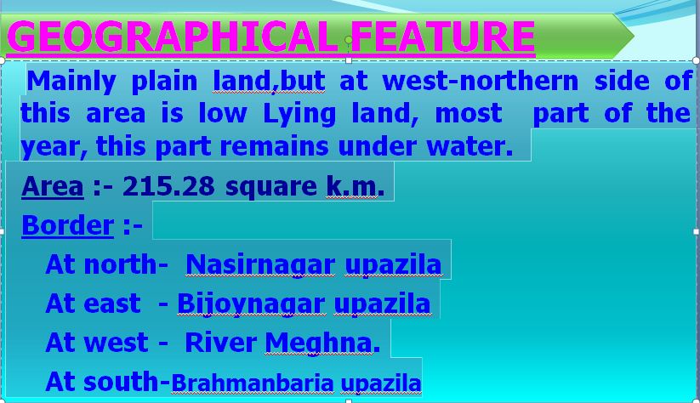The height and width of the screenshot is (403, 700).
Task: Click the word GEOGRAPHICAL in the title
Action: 173,37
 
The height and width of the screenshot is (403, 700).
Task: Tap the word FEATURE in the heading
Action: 443,37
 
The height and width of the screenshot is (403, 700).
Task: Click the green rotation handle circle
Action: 349,40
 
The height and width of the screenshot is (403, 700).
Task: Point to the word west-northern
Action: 481,81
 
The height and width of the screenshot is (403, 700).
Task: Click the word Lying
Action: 299,114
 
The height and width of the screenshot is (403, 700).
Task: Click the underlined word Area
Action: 53,185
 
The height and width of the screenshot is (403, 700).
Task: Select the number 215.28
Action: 168,185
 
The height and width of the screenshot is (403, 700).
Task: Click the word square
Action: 271,186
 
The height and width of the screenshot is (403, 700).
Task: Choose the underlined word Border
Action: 68,225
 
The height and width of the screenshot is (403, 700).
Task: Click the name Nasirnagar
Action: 260,264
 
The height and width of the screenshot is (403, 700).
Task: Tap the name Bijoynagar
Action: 251,304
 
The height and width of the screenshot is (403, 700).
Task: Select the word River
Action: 220,343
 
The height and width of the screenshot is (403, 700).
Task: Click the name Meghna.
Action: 322,343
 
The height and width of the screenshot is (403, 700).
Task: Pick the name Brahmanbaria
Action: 253,383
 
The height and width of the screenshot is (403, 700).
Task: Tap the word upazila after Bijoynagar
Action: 382,304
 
